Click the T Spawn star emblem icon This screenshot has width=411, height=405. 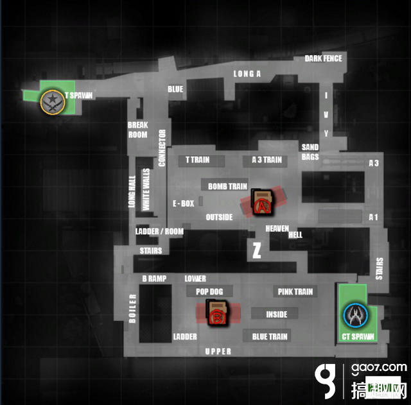[x=53, y=102]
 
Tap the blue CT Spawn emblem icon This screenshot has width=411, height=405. [x=355, y=315]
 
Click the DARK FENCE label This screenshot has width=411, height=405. [x=323, y=58]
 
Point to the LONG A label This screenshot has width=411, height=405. [x=247, y=74]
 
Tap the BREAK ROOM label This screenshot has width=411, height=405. [x=138, y=130]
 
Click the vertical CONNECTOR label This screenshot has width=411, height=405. [x=162, y=148]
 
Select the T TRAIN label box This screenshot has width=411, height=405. [x=201, y=160]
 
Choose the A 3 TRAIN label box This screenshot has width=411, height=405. [x=265, y=160]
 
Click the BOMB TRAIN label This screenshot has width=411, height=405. [x=227, y=187]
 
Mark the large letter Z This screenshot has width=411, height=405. [x=257, y=250]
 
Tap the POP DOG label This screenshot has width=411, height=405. [x=209, y=291]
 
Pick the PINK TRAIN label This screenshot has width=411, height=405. [x=295, y=291]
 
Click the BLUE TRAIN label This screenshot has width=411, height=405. [x=270, y=336]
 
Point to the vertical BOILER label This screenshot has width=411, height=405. [x=133, y=309]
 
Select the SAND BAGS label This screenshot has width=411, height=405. [x=310, y=152]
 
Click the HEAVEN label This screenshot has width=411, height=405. [x=277, y=228]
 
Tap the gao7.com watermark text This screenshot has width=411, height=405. [x=379, y=368]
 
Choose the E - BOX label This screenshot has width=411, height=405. [x=184, y=203]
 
